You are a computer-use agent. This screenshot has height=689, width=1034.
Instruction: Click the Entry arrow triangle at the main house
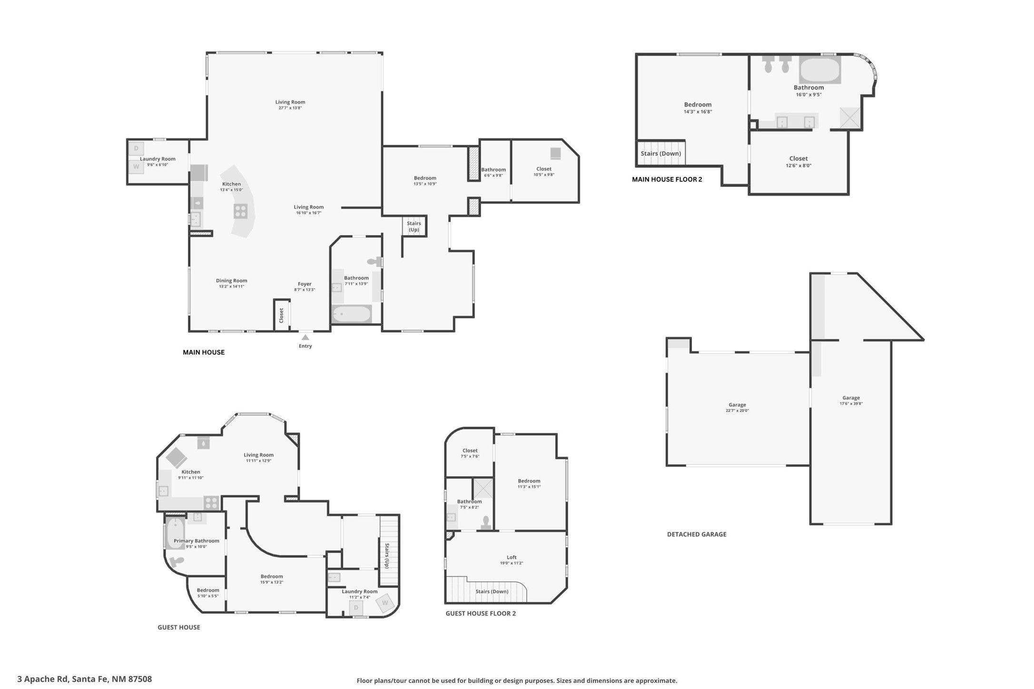point(305,337)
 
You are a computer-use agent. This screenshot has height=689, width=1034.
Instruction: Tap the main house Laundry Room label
point(158,159)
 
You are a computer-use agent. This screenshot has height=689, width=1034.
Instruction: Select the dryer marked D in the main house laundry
point(136,148)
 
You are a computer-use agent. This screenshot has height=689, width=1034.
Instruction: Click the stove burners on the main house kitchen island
point(241,211)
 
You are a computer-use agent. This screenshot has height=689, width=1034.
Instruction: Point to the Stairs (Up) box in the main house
point(414,226)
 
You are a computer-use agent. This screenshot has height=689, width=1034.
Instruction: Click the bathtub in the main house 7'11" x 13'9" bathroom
point(352,314)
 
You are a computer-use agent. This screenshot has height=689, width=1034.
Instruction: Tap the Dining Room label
point(231,281)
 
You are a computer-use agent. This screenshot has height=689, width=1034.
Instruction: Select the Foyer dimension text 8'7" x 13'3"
point(305,290)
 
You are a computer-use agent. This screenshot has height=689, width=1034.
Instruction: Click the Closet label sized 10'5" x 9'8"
point(543,169)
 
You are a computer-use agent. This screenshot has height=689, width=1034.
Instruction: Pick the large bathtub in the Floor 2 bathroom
point(819,70)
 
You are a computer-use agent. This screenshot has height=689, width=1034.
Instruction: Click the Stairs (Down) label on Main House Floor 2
point(660,154)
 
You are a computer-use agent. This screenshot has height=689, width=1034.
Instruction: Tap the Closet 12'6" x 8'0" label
point(798,158)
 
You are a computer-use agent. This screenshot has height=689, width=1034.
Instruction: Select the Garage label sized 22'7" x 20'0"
point(737,405)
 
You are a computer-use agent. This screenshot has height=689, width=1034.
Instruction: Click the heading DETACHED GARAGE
point(696,534)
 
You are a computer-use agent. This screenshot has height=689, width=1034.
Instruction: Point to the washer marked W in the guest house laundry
point(385,603)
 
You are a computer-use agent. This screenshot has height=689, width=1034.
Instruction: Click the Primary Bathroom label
point(196,541)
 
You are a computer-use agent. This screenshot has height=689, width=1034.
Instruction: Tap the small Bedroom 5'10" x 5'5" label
point(208,590)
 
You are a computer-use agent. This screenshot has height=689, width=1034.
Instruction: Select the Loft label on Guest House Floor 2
point(511,557)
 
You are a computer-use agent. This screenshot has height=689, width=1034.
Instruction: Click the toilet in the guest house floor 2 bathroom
point(486,523)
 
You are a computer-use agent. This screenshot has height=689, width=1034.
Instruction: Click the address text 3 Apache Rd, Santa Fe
point(85,679)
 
